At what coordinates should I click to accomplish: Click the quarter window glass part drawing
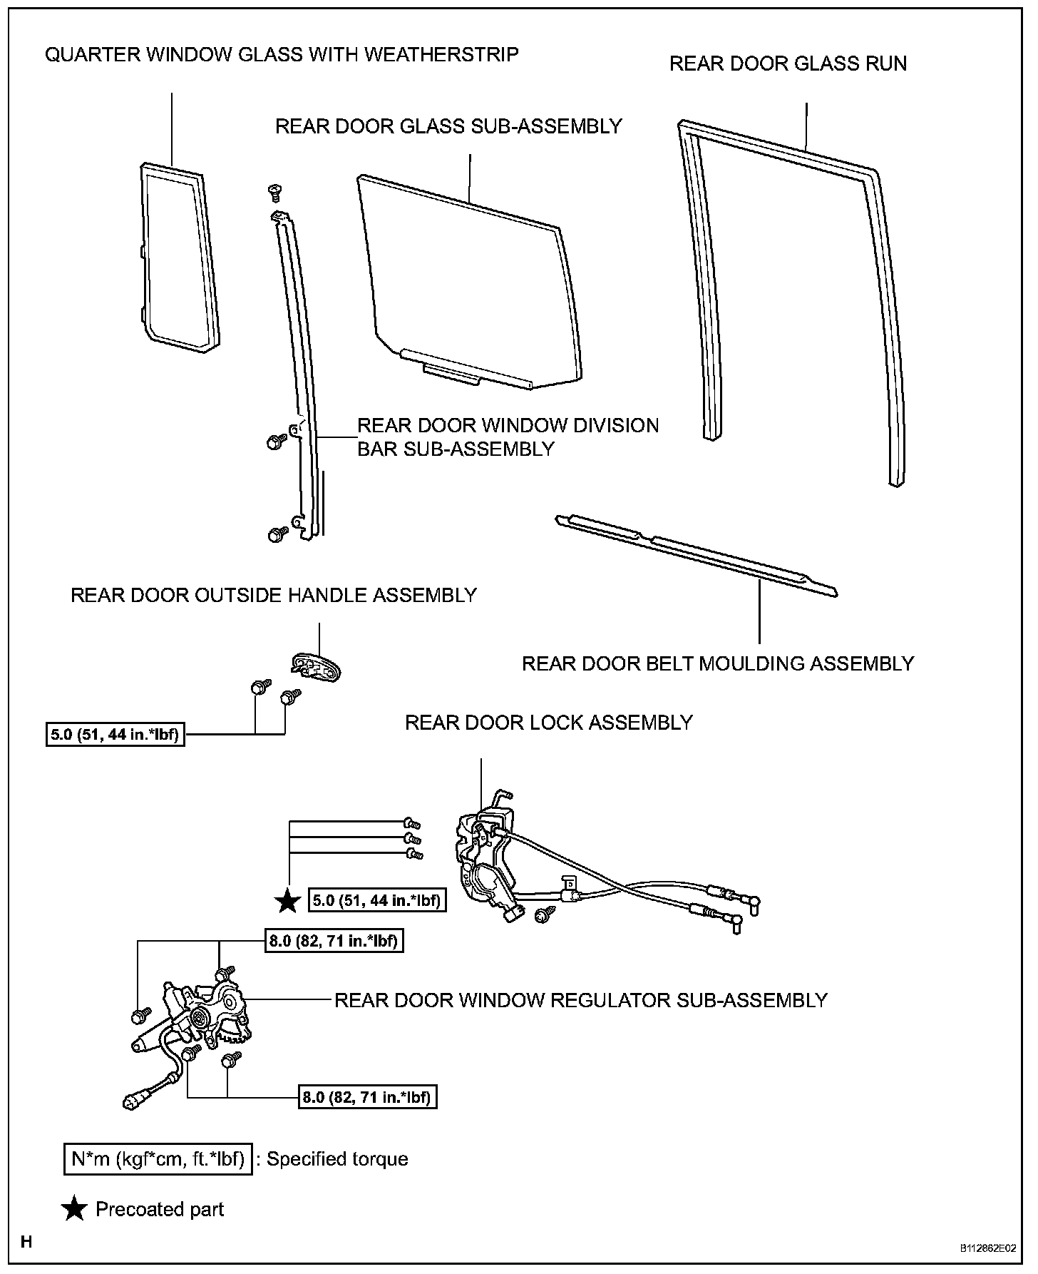(178, 257)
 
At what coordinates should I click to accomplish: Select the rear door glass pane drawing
(471, 285)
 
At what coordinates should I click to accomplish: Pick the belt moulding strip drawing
(695, 553)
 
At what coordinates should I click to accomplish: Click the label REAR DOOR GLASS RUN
(788, 63)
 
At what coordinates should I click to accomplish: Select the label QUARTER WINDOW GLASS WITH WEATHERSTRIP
(282, 54)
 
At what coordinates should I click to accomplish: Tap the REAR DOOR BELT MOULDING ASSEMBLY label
(717, 663)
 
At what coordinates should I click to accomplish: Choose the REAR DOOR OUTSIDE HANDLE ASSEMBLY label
(274, 595)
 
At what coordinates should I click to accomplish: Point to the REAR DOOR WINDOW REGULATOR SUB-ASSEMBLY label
(580, 1000)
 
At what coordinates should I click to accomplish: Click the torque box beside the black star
(377, 900)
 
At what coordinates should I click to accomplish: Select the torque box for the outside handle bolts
(115, 734)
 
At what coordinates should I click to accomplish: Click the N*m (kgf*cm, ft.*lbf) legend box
(158, 1158)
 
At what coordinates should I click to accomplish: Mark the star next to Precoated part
(74, 1209)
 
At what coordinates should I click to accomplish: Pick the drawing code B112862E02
(987, 1248)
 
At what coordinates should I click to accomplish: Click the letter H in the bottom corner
(26, 1242)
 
